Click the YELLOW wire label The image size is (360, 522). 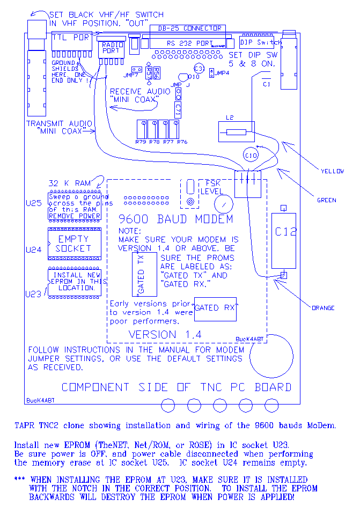(x=332, y=171)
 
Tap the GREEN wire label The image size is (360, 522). (x=327, y=200)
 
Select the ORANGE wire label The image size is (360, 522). (x=323, y=308)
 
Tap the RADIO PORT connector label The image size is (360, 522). (x=112, y=47)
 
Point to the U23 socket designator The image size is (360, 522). (x=33, y=293)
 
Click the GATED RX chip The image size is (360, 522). (x=216, y=308)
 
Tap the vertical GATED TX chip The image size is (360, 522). (x=144, y=274)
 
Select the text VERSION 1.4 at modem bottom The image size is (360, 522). (x=165, y=334)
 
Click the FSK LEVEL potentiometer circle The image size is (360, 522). (x=223, y=203)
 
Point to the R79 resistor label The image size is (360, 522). (x=141, y=142)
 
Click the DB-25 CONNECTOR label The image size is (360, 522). (x=186, y=28)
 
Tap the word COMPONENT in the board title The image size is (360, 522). (x=95, y=387)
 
